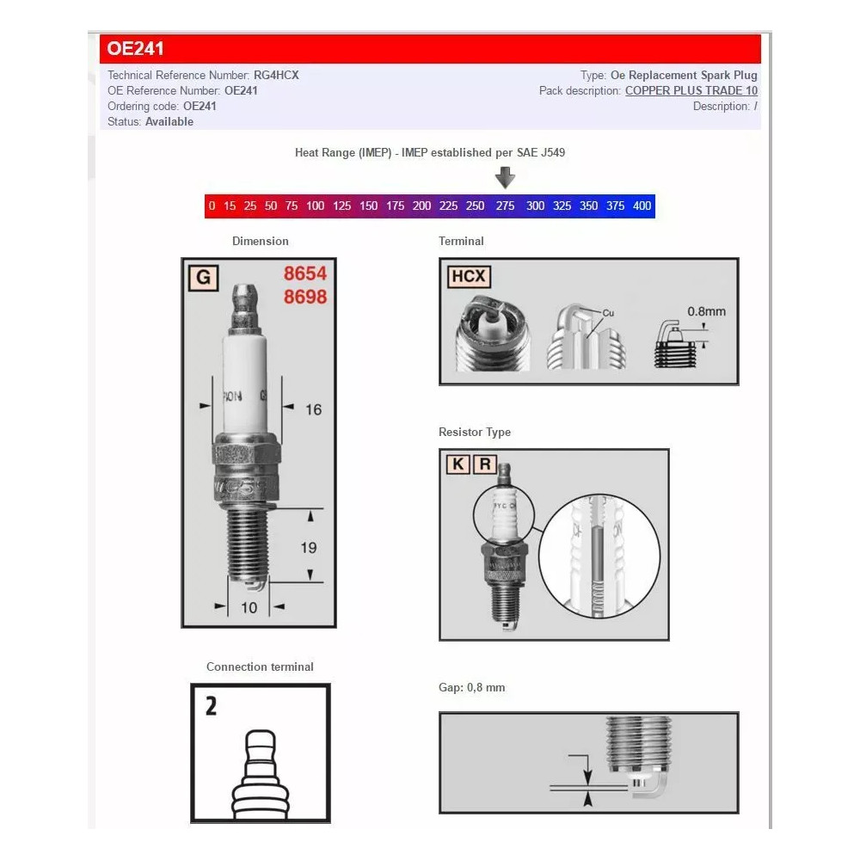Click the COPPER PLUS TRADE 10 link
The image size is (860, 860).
pyautogui.click(x=691, y=90)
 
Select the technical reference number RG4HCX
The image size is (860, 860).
pyautogui.click(x=276, y=75)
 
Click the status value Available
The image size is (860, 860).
pyautogui.click(x=169, y=121)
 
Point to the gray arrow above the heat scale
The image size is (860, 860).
pyautogui.click(x=506, y=177)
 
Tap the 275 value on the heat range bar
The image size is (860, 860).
pyautogui.click(x=506, y=206)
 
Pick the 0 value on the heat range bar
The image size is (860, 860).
pyautogui.click(x=212, y=206)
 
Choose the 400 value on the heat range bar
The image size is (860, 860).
pyautogui.click(x=642, y=206)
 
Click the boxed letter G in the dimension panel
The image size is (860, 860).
pyautogui.click(x=203, y=278)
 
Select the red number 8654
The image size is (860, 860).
pyautogui.click(x=305, y=273)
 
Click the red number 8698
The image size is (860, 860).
pyautogui.click(x=305, y=297)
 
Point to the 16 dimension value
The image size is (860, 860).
pyautogui.click(x=313, y=409)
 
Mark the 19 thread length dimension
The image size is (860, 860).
pyautogui.click(x=309, y=547)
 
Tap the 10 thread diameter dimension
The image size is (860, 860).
pyautogui.click(x=249, y=607)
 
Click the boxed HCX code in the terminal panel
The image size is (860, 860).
pyautogui.click(x=469, y=277)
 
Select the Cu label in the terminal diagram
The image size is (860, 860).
pyautogui.click(x=608, y=313)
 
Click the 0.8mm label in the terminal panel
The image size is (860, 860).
pyautogui.click(x=706, y=311)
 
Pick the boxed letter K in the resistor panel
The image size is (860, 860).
pyautogui.click(x=458, y=465)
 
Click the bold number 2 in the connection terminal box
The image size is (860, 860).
pyautogui.click(x=211, y=706)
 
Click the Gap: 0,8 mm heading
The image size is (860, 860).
pyautogui.click(x=472, y=688)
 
